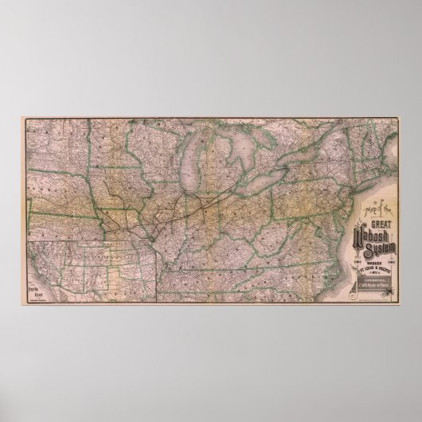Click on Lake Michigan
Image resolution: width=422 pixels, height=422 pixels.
(192, 167)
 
